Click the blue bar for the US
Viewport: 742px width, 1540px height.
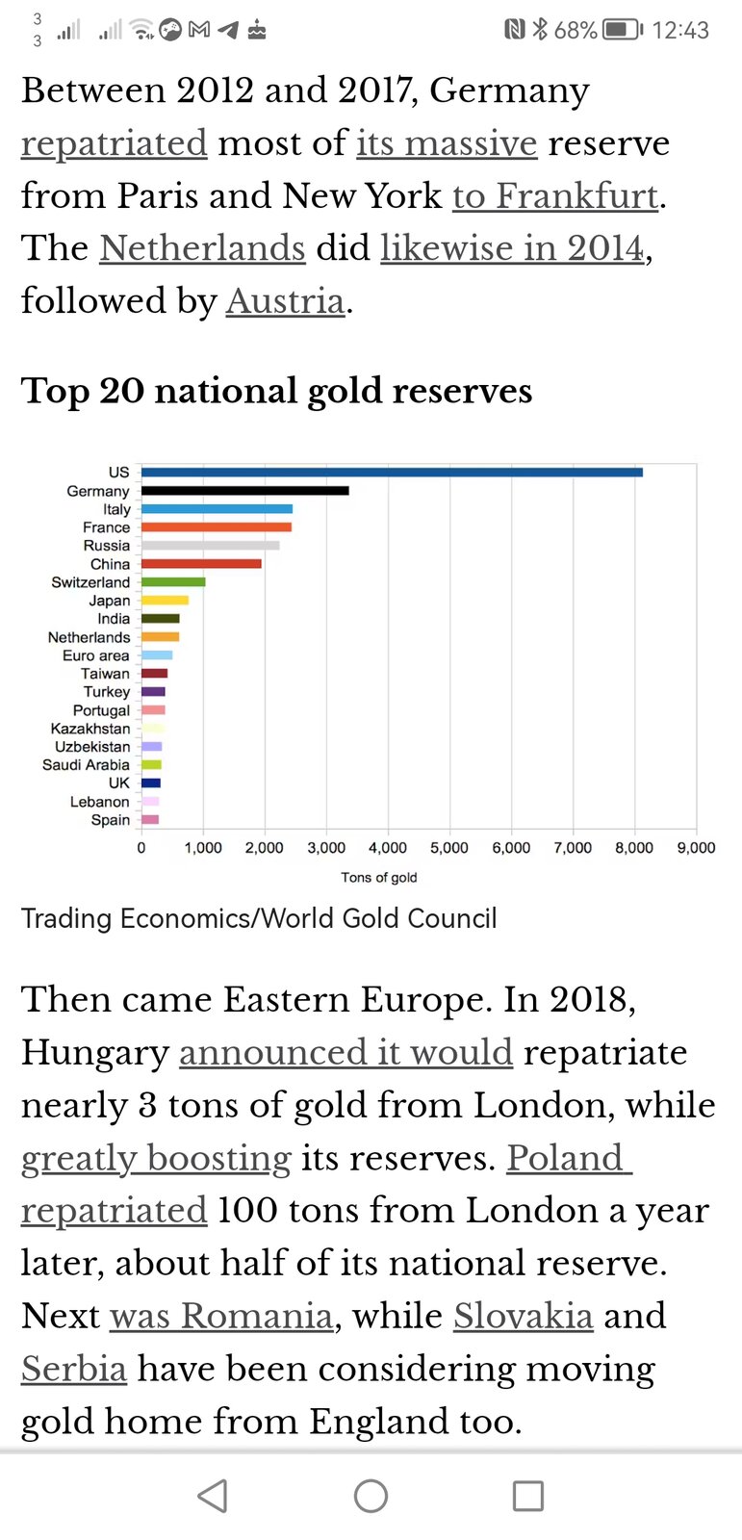392,472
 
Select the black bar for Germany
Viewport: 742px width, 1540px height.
245,491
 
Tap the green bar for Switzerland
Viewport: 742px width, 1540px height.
173,582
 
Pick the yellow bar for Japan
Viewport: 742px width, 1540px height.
165,601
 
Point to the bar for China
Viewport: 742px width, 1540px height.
201,564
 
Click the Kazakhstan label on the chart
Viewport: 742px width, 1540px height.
90,729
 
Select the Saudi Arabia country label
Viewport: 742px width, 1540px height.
86,765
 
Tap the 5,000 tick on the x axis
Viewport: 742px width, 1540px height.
449,848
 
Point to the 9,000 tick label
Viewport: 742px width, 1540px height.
696,848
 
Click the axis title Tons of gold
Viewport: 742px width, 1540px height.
378,878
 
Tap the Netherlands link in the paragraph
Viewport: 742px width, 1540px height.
202,248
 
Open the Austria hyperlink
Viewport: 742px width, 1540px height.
285,301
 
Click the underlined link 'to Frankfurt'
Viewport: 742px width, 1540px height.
555,196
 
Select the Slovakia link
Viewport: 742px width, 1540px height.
523,1316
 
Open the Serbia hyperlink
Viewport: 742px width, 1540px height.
74,1369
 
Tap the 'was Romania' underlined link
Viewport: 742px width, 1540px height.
221,1316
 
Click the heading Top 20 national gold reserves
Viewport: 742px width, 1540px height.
276,391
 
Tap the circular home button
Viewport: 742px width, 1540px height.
371,1496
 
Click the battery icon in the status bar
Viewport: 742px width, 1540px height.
622,30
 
